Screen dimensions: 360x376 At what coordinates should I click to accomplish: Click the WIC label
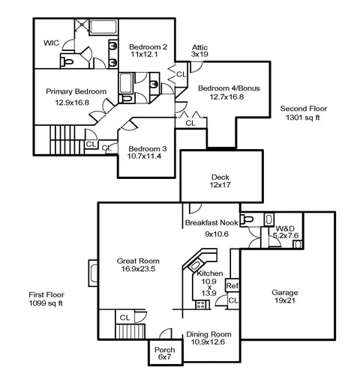51,43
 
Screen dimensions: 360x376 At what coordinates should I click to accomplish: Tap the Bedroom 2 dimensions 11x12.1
144,54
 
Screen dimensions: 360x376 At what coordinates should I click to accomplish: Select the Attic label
199,47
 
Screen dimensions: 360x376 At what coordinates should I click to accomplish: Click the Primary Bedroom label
76,91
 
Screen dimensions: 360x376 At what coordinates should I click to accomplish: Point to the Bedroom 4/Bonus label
229,88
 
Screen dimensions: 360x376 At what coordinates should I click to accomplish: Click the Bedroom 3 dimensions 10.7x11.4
144,157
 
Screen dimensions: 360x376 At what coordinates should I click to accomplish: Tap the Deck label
220,178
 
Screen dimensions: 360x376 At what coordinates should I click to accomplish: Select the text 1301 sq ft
303,118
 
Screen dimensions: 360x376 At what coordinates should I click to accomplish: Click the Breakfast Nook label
211,222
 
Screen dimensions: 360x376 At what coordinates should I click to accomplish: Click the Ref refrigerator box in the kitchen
232,285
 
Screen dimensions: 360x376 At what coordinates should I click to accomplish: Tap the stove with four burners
201,305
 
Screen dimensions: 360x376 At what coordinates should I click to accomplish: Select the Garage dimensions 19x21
285,300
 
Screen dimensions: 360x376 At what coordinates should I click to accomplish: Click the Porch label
164,350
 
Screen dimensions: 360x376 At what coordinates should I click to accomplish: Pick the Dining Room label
208,334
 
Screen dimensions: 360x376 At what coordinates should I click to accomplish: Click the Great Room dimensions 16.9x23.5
138,269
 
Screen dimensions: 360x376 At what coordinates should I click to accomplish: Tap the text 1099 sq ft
46,303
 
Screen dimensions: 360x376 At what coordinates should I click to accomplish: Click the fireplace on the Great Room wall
93,273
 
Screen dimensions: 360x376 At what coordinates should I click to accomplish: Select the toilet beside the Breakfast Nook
247,219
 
